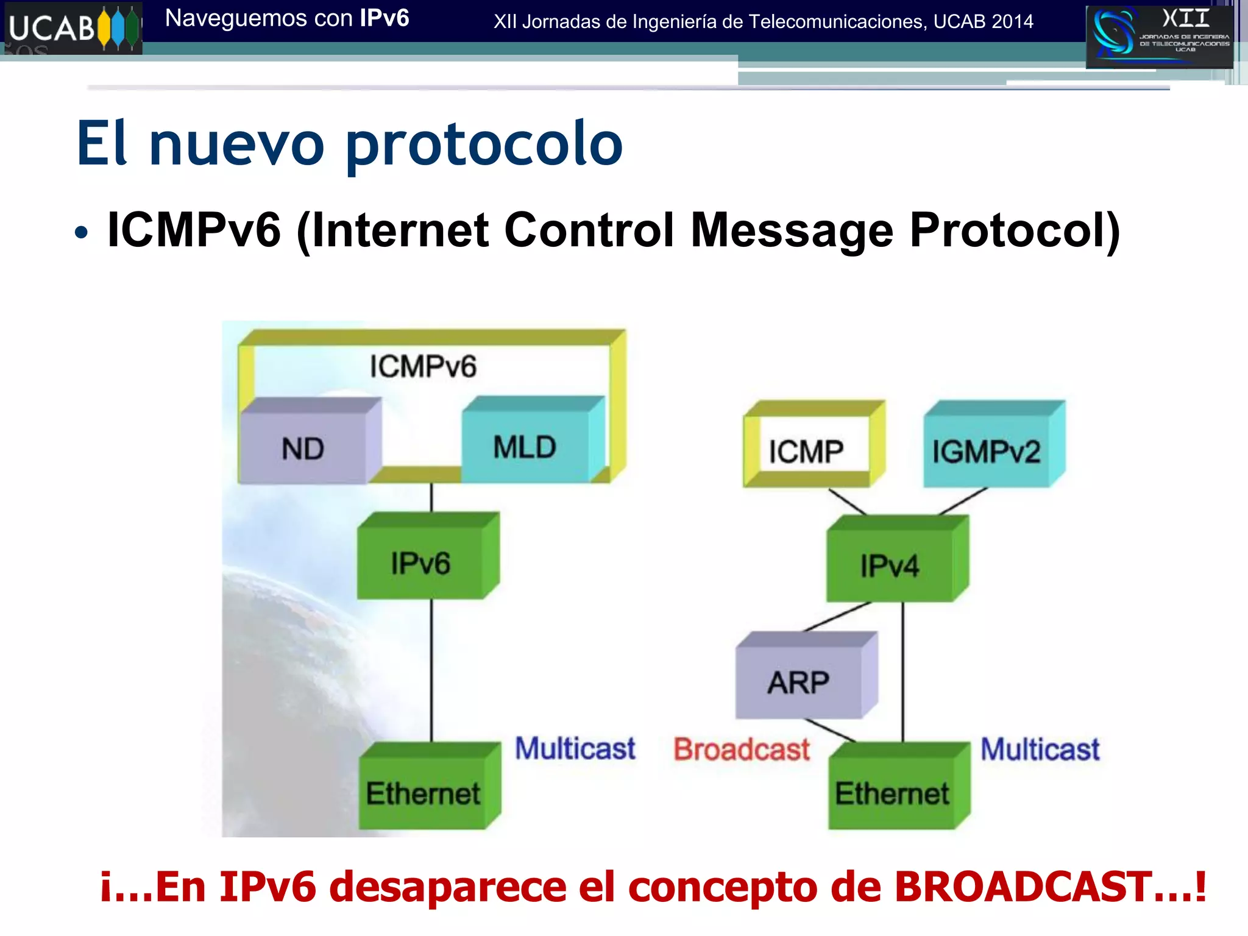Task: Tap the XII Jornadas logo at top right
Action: point(1158,36)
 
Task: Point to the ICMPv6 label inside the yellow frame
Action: point(423,367)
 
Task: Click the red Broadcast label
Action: point(742,750)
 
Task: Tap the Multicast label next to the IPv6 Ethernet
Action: point(575,748)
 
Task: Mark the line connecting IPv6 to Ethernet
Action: point(432,670)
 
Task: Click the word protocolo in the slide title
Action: point(484,145)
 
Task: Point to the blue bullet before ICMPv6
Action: point(81,232)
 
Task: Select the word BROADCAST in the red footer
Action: point(1023,887)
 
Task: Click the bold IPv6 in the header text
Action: point(384,18)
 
